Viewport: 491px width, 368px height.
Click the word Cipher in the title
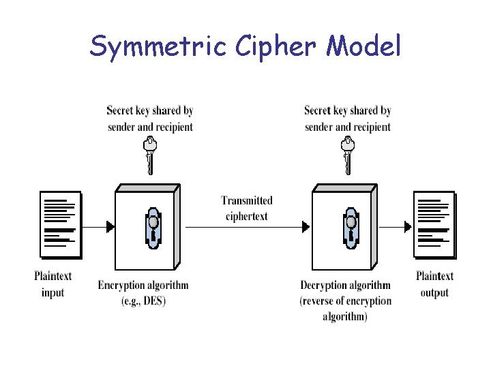(279, 46)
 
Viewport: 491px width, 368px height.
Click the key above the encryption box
(149, 155)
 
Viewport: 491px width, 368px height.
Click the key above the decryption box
(348, 155)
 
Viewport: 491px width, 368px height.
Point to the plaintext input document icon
(60, 224)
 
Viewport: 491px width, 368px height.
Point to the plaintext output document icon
(434, 224)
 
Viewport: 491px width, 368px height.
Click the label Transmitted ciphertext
(246, 209)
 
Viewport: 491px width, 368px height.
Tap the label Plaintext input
(53, 284)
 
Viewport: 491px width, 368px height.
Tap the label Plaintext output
(434, 284)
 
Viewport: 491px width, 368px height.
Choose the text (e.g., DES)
(143, 301)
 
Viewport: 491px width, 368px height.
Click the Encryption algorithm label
(143, 285)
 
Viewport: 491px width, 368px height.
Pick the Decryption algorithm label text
(346, 285)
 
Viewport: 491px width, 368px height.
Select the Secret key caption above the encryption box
(150, 118)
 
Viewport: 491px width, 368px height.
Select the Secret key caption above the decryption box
(348, 118)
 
